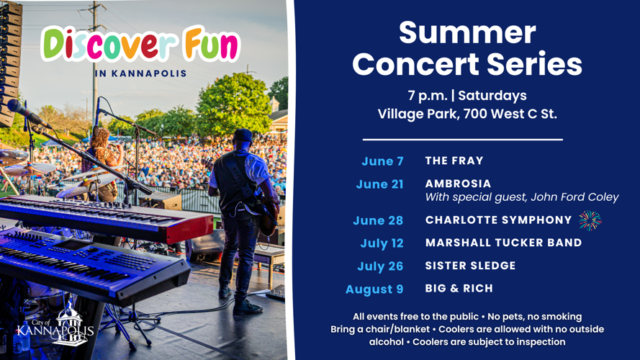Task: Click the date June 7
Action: point(382,161)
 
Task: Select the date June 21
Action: point(379,184)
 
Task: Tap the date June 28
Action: point(378,220)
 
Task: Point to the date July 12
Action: point(382,243)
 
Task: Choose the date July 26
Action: point(380,266)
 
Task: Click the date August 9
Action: point(374,289)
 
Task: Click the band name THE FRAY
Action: point(454,161)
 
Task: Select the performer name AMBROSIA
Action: point(458,184)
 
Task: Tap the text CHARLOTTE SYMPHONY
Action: point(498,220)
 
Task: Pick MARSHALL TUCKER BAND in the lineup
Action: point(503,243)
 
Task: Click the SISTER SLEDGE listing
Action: point(470,266)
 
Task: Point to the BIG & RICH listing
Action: point(459,288)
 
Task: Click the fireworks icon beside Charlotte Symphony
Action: point(590,220)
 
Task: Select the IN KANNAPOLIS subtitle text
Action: point(140,73)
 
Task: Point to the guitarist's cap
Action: point(242,135)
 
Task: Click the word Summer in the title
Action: point(467,32)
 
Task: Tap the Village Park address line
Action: point(467,114)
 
